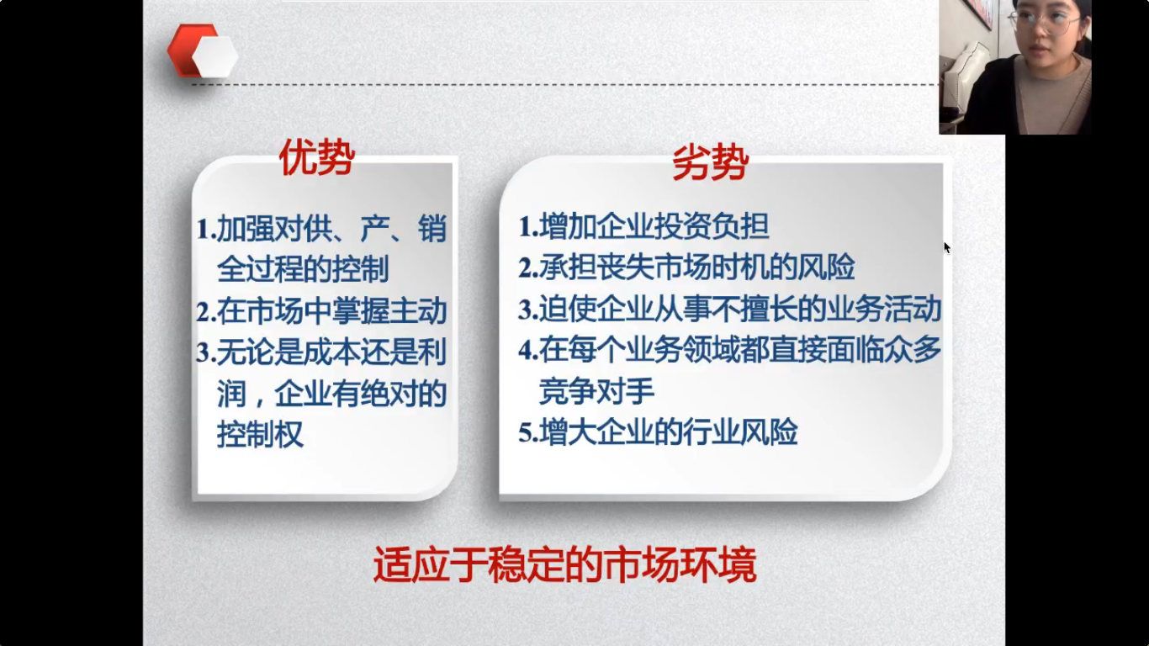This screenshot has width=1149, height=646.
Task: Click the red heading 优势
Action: click(x=317, y=157)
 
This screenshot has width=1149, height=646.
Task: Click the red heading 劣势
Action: click(x=711, y=163)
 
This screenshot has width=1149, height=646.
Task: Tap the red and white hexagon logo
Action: click(x=203, y=50)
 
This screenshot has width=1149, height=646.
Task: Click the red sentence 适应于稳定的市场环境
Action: click(x=564, y=564)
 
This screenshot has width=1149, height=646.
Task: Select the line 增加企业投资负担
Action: click(x=654, y=226)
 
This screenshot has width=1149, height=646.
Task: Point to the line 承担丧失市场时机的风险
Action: click(x=697, y=267)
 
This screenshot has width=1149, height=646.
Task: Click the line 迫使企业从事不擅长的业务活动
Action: click(x=740, y=309)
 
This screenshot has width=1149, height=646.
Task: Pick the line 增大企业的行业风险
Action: click(x=669, y=432)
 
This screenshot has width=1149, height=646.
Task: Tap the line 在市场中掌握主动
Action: click(x=332, y=311)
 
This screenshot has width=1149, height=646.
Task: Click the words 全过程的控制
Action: click(x=303, y=269)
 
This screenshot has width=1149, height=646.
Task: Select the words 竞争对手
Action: click(x=596, y=391)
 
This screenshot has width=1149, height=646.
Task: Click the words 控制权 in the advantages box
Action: click(x=260, y=434)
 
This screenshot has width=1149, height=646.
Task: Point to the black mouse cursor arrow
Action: click(x=947, y=247)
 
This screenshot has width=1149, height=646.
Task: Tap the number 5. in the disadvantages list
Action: click(x=528, y=432)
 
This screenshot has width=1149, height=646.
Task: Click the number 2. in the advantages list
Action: click(x=206, y=312)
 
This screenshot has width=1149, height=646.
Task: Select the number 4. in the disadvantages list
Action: click(x=528, y=351)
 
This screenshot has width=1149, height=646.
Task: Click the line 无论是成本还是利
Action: click(x=332, y=352)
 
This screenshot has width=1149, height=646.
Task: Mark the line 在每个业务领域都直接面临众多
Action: click(x=740, y=349)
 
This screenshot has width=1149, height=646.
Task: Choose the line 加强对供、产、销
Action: click(x=332, y=228)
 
